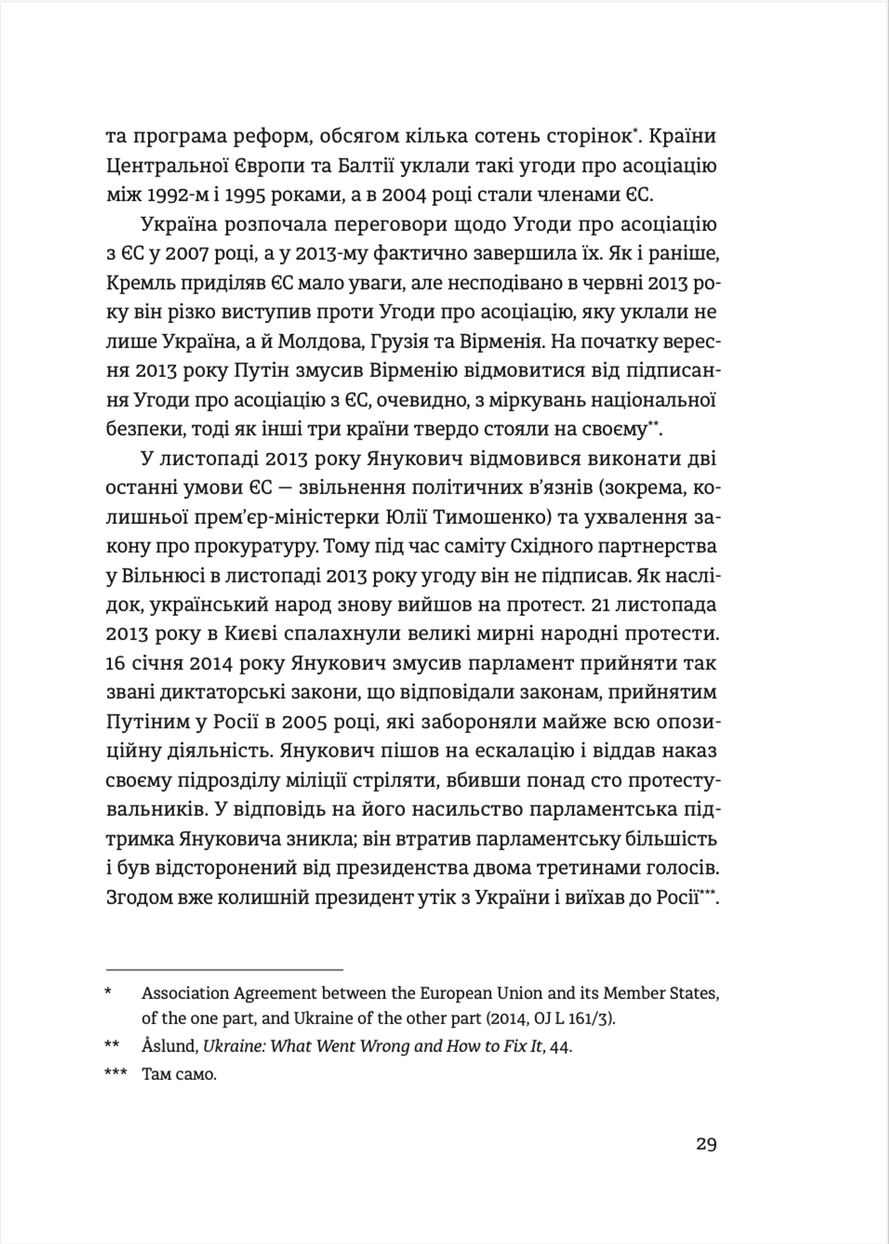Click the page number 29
click(x=706, y=1144)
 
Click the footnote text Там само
click(x=179, y=1075)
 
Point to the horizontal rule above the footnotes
click(x=224, y=969)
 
